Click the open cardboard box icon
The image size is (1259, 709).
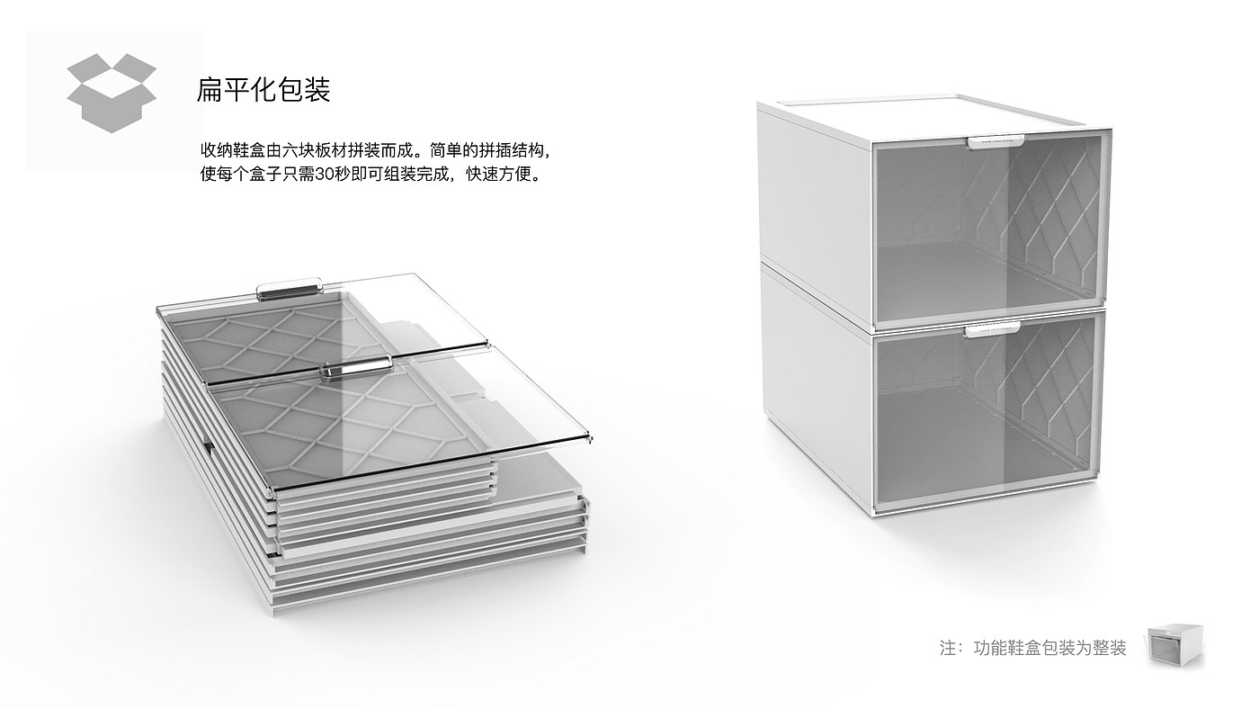pyautogui.click(x=112, y=93)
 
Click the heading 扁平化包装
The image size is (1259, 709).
pyautogui.click(x=263, y=90)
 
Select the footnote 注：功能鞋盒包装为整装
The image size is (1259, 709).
pyautogui.click(x=1032, y=648)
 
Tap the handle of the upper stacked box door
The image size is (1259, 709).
pyautogui.click(x=994, y=141)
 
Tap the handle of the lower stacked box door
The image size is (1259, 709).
pyautogui.click(x=992, y=329)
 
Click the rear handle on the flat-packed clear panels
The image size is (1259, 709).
pyautogui.click(x=290, y=289)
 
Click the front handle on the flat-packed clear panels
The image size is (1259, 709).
pyautogui.click(x=357, y=369)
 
